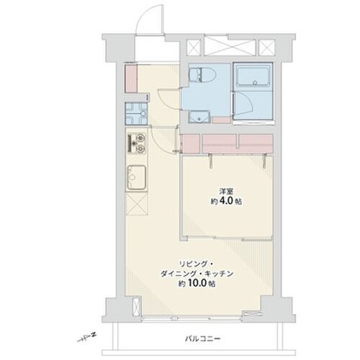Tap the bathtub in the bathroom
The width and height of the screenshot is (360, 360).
(x=253, y=76)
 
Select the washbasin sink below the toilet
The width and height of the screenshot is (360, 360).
(x=199, y=117)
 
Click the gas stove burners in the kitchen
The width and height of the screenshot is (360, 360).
(x=137, y=144)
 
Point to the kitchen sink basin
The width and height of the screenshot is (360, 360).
(x=136, y=178)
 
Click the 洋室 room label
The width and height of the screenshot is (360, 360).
(x=226, y=192)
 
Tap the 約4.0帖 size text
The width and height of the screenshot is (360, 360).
(x=226, y=201)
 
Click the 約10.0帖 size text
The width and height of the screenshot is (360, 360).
(x=197, y=284)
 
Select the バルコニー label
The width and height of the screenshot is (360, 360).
(x=203, y=339)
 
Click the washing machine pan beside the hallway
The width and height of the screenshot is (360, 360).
(x=136, y=114)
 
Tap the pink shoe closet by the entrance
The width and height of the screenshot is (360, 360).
(x=131, y=78)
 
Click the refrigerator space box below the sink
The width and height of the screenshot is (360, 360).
(x=137, y=204)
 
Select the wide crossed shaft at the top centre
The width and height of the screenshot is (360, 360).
(x=229, y=47)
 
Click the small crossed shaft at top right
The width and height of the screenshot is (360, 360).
(x=266, y=47)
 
